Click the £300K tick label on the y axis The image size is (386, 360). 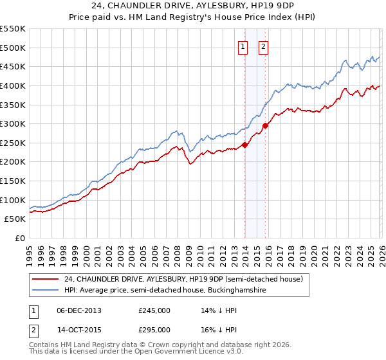click(x=12, y=123)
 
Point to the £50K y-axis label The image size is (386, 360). click(x=15, y=219)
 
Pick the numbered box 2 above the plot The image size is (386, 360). click(x=264, y=46)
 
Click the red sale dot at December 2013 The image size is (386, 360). click(x=244, y=145)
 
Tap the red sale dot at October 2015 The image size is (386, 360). click(x=266, y=125)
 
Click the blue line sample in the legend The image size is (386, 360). click(x=46, y=291)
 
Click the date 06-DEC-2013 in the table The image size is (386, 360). click(x=78, y=310)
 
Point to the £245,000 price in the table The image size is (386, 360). click(x=154, y=310)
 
